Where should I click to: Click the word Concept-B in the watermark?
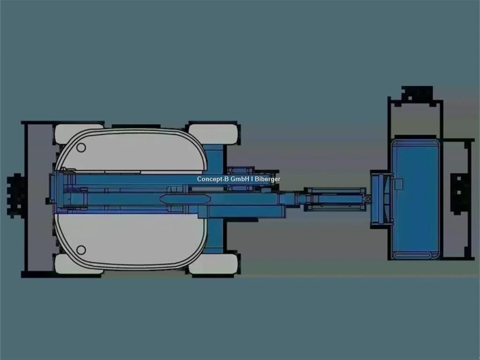213,179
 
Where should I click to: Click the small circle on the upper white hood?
81,148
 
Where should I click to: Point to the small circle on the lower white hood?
81,250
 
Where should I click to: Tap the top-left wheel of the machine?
79,134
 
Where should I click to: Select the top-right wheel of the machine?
213,134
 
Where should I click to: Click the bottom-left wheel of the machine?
79,264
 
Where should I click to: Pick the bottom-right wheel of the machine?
213,264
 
